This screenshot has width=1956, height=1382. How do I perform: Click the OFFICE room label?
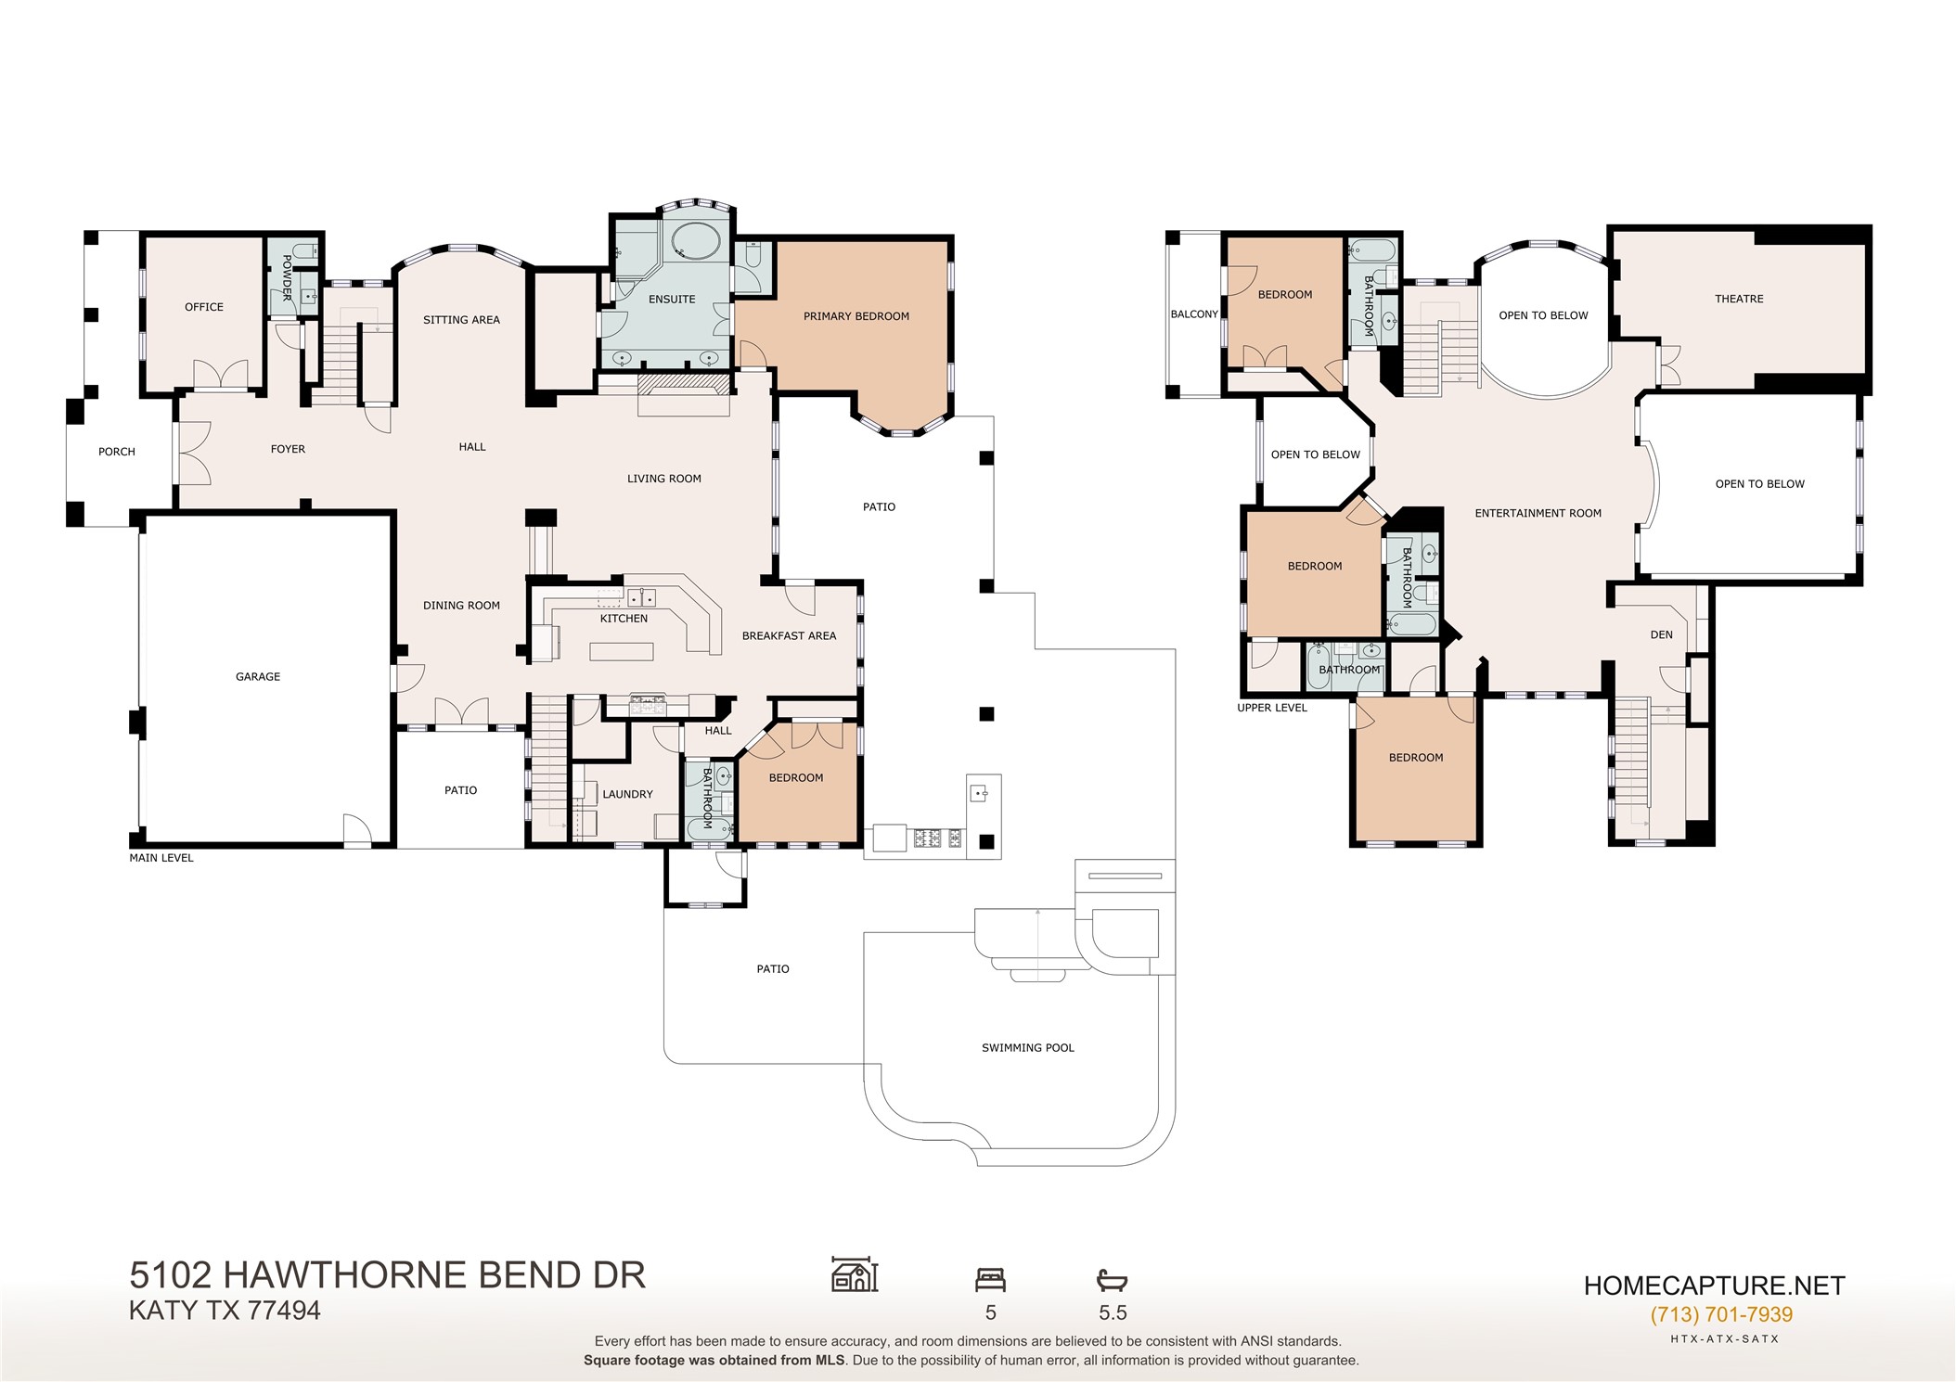[204, 307]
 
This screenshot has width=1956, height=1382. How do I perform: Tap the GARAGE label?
[258, 677]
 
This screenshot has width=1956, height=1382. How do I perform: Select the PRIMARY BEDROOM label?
[856, 316]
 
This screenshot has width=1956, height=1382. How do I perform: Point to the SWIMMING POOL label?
[1028, 1048]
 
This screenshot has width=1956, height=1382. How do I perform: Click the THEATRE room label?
[1740, 299]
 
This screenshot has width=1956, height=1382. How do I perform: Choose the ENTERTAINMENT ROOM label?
[1538, 513]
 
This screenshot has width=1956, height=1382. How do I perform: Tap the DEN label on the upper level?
[1662, 635]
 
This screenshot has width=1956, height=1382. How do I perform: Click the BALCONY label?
[1194, 314]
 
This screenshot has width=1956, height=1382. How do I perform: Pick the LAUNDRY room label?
[628, 794]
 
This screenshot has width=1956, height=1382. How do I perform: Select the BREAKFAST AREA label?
[790, 636]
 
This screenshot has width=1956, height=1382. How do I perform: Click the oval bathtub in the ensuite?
[694, 243]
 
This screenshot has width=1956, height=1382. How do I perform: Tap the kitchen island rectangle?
[622, 651]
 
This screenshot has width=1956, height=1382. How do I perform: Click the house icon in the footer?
[855, 1274]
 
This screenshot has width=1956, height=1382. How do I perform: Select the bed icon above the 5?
[991, 1280]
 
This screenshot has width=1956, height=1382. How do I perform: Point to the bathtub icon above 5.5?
[1112, 1281]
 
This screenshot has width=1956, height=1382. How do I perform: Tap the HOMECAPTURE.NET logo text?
[1715, 1286]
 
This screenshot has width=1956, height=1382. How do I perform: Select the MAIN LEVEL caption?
[161, 858]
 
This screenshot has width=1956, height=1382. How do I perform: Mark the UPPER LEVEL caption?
[1272, 708]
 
